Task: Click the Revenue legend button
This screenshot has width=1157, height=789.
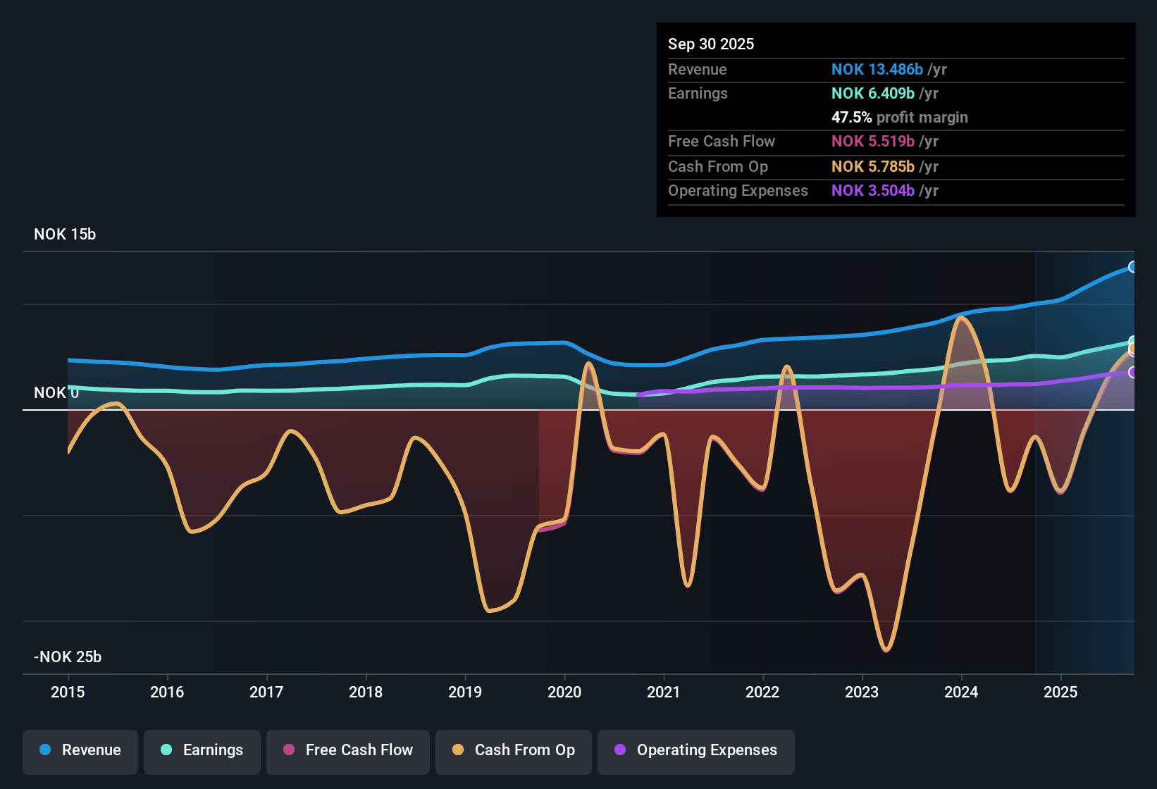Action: [80, 751]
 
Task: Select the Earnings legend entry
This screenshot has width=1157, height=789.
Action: [202, 751]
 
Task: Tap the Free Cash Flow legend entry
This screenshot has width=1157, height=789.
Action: [348, 751]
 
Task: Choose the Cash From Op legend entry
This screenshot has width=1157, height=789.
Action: [514, 751]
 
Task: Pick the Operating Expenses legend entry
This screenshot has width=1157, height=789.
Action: [696, 751]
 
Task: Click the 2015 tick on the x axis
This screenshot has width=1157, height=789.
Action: [68, 692]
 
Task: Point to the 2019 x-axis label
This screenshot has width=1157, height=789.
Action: [465, 692]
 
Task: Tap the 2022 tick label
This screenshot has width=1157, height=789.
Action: [762, 692]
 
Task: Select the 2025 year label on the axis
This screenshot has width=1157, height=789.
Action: [1060, 692]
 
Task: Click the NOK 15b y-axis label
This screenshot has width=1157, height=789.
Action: [65, 235]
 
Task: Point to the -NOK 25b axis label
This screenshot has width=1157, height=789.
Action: [68, 657]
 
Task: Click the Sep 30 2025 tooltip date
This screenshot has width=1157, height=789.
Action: [710, 44]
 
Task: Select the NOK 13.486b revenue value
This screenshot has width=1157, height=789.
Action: [877, 70]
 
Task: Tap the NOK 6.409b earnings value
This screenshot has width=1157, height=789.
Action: [872, 94]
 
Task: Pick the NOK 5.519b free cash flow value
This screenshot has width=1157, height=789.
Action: [872, 142]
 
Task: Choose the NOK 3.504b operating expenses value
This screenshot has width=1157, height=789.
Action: [872, 191]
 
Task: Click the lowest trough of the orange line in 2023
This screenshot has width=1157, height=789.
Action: [886, 650]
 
